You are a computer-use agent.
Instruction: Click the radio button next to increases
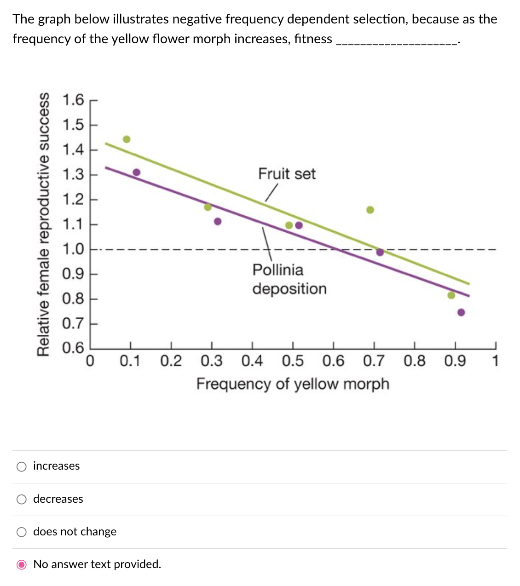tap(22, 467)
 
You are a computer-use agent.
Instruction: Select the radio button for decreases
tap(22, 500)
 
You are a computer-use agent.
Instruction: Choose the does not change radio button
tap(22, 532)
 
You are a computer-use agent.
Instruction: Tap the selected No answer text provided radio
tap(22, 565)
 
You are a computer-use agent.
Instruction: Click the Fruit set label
tap(287, 174)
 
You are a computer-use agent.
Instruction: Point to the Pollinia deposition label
tap(289, 279)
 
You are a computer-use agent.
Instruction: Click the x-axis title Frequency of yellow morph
tap(293, 384)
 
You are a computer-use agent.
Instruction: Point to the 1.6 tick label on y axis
tap(73, 100)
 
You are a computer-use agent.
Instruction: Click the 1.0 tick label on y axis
tap(73, 249)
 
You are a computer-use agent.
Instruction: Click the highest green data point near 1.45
tap(127, 139)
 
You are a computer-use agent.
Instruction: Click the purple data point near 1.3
tap(137, 172)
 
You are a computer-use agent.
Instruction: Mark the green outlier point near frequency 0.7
tap(370, 210)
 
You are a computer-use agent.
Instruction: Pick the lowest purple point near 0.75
tap(461, 313)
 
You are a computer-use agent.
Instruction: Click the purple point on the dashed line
tap(380, 252)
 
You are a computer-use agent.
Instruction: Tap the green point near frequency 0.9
tap(451, 295)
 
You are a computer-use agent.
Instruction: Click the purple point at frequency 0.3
tap(218, 222)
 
